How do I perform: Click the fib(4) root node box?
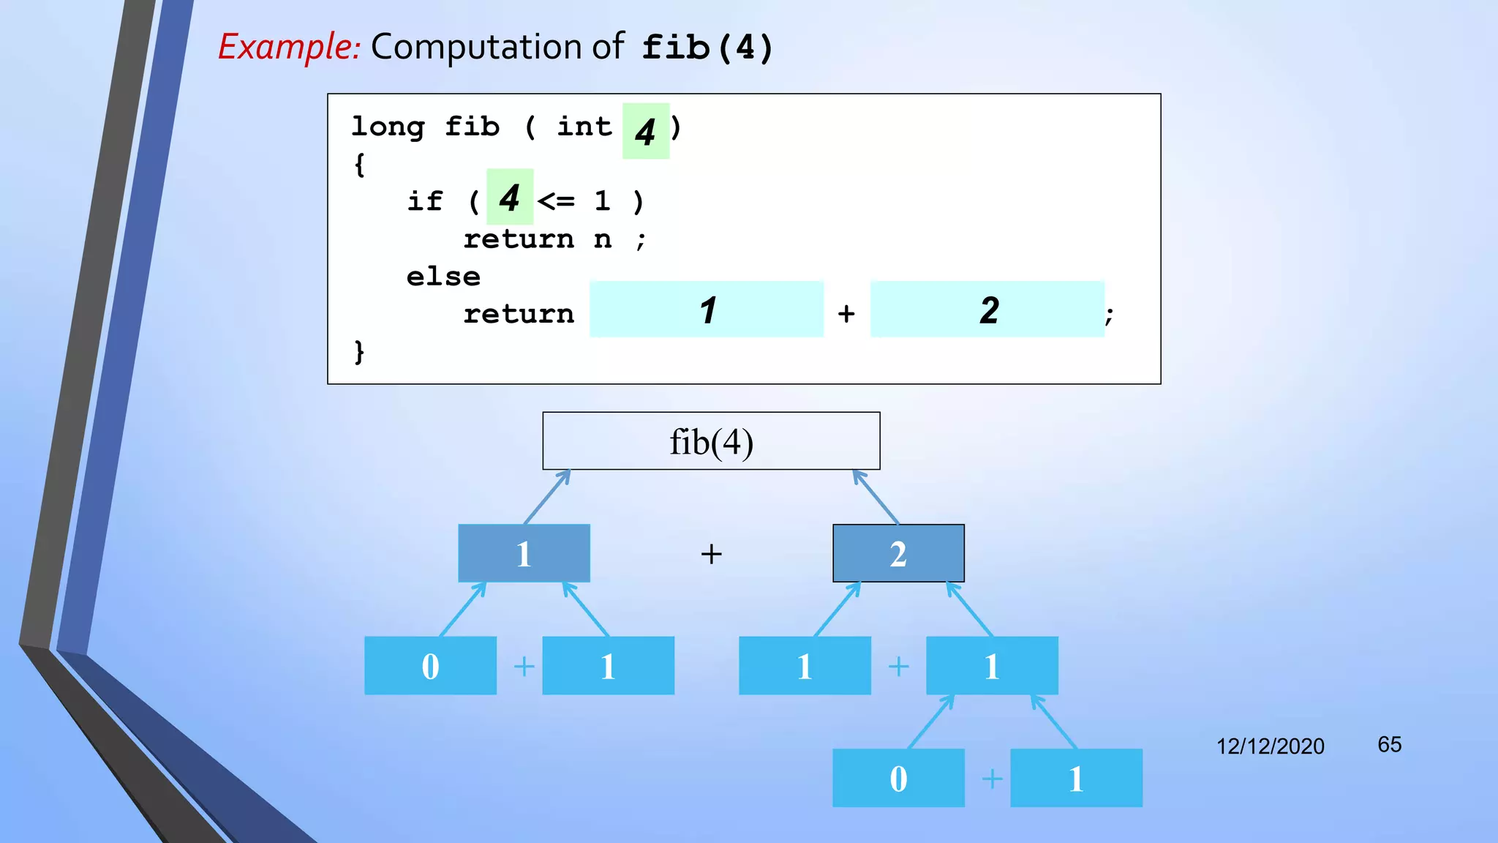(711, 441)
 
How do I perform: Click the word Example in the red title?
(288, 48)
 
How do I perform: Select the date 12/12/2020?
(1270, 746)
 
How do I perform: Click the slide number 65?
(1389, 745)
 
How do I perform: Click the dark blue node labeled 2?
(898, 554)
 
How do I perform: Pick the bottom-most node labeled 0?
(898, 779)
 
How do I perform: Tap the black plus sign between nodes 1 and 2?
(711, 554)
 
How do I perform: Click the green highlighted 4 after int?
(645, 132)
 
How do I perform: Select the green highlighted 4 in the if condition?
(510, 198)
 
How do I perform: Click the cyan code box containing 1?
(707, 310)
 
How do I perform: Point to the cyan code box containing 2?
(987, 310)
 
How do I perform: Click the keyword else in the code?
(443, 277)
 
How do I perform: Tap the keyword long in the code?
(388, 127)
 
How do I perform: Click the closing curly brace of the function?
(359, 352)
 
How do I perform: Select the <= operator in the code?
(556, 201)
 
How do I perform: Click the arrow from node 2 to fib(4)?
(876, 497)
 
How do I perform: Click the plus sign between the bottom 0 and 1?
(992, 779)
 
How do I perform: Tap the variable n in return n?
(602, 239)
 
